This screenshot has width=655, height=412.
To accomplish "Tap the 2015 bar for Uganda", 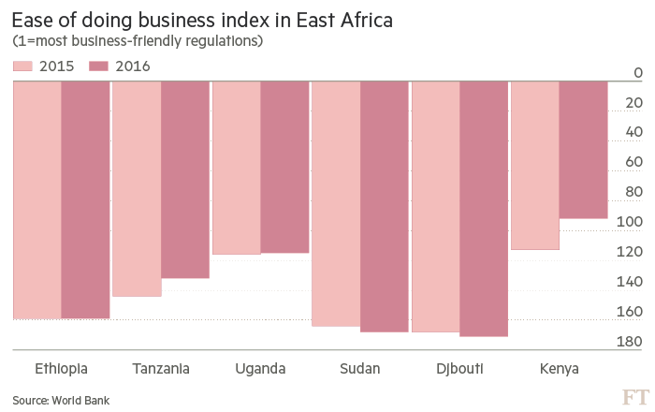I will [236, 168].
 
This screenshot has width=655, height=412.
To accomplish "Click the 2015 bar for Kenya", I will [535, 165].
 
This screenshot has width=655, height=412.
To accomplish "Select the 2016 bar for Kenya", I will [583, 150].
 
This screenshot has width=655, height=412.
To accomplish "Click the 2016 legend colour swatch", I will [98, 66].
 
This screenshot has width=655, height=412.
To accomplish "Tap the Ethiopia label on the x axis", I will [61, 368].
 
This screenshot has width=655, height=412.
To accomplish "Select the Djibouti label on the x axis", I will [459, 368].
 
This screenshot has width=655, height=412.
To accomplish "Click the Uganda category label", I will [260, 368].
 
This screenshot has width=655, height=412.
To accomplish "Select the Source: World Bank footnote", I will [61, 400].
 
